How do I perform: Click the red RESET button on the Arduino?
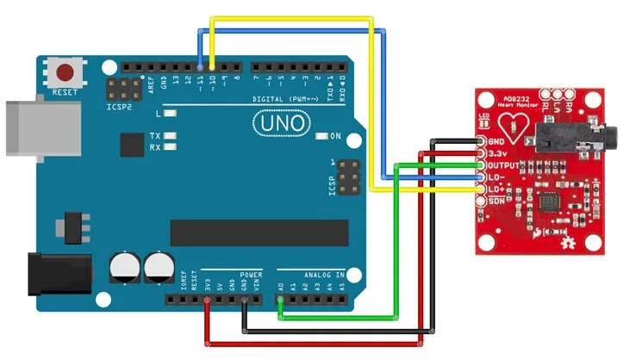tap(64, 71)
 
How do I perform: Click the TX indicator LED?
tap(171, 136)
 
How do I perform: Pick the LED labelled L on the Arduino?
tap(171, 114)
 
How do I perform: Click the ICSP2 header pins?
tap(122, 88)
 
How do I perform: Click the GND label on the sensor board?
tap(496, 141)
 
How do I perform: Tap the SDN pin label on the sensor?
tap(496, 200)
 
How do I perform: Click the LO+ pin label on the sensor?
tap(496, 188)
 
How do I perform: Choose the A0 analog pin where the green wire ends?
tap(280, 301)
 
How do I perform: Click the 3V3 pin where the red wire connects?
tap(207, 301)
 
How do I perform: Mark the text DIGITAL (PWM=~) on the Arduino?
tap(284, 100)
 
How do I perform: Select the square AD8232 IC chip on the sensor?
tap(549, 202)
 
